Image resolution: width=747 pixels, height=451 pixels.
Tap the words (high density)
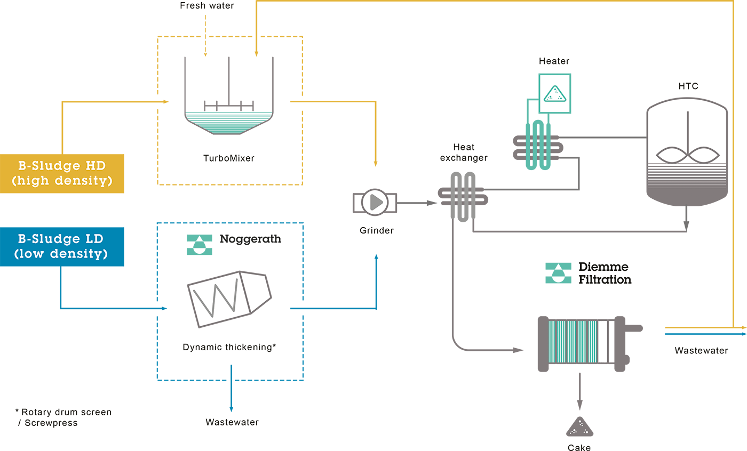(62, 181)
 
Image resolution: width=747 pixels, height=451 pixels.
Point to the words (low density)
(61, 253)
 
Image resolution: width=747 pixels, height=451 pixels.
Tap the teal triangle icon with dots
(555, 94)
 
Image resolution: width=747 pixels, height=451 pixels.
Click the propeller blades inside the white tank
(687, 155)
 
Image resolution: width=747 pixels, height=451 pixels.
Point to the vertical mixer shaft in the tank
(687, 128)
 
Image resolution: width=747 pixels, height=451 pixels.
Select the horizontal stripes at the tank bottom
(687, 176)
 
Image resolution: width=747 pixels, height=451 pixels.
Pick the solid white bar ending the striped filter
(603, 341)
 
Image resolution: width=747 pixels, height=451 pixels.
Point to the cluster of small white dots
(578, 431)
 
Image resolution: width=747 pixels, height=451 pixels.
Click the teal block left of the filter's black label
(539, 275)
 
